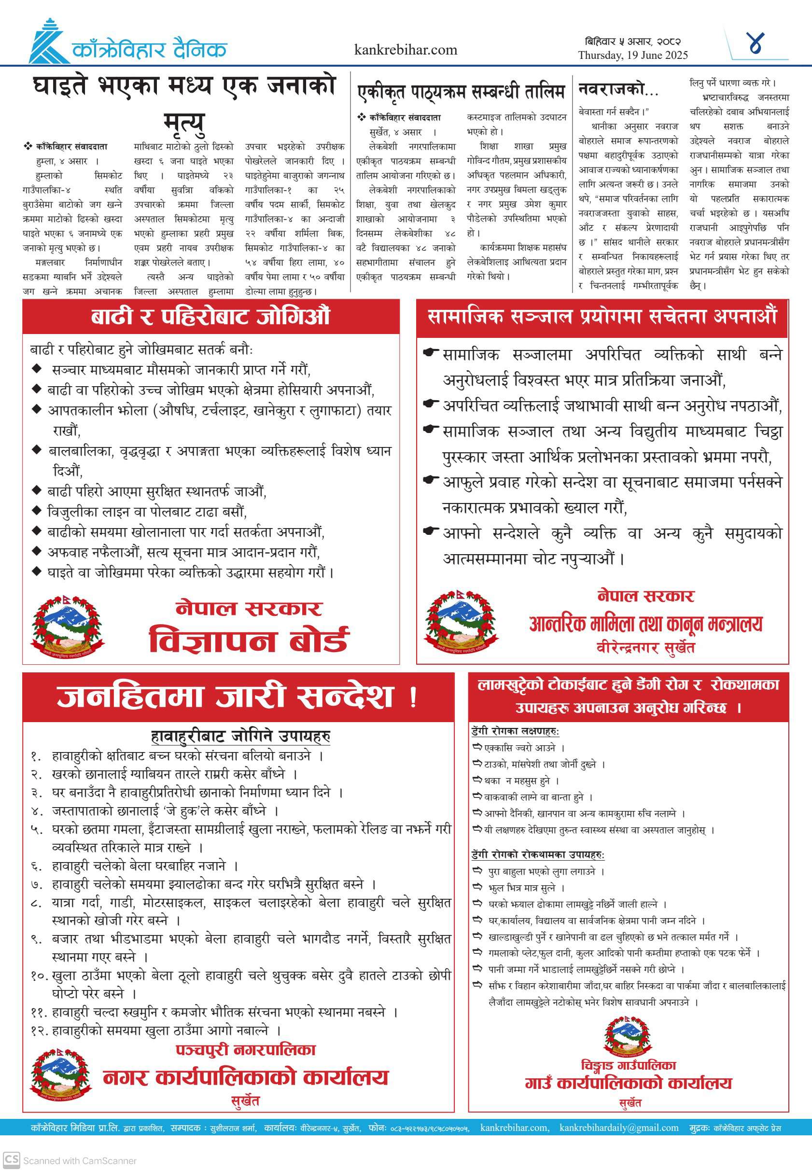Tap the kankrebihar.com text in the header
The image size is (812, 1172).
pos(406,50)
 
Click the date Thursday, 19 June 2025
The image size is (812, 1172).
pos(632,55)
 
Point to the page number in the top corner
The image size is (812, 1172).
pos(756,44)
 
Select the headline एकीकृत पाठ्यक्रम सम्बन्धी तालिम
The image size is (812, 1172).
pos(461,92)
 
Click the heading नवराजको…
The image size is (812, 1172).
pos(617,89)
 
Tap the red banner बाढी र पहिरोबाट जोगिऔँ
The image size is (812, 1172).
pos(210,316)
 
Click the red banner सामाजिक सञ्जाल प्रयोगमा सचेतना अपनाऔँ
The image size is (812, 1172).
pos(602,316)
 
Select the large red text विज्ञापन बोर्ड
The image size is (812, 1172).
pos(248,640)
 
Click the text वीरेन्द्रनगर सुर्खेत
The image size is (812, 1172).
pos(645,648)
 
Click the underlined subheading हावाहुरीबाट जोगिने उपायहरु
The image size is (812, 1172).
pos(240,736)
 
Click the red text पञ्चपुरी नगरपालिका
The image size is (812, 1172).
pos(245,1050)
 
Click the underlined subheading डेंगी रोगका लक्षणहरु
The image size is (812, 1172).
pos(515,731)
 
